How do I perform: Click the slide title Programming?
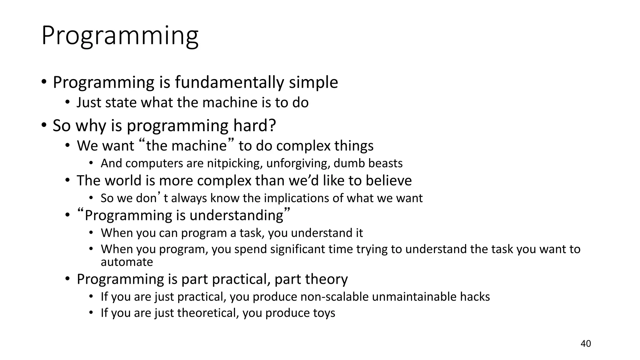coord(120,36)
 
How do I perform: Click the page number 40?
coord(586,344)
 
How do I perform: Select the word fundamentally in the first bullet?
coord(229,82)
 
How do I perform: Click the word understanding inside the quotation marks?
coord(236,216)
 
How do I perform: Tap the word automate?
coord(127,262)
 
